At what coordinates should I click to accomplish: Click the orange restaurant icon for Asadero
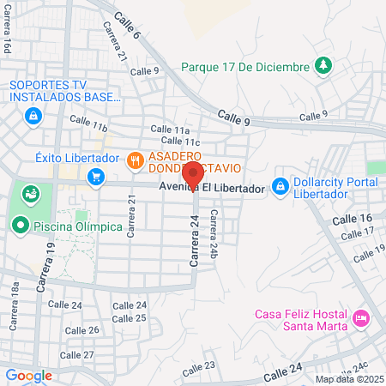click(135, 159)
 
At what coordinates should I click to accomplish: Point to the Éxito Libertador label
click(76, 159)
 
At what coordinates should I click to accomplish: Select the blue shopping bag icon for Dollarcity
click(280, 186)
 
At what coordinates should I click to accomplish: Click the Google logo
click(28, 375)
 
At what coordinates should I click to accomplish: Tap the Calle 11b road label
click(88, 125)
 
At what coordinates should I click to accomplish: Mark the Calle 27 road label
click(77, 354)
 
